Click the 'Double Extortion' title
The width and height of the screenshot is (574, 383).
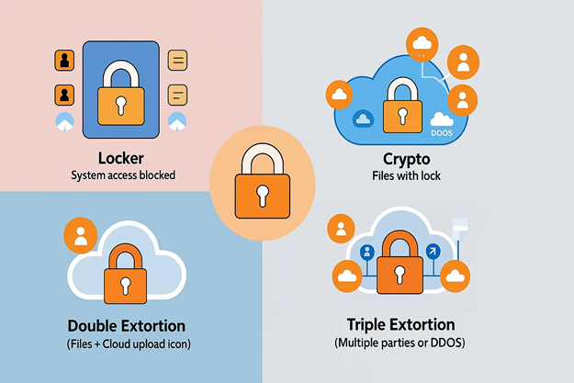[x=127, y=326]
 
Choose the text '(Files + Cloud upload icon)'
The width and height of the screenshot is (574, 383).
[x=127, y=344]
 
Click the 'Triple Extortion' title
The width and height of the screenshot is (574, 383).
[x=402, y=326]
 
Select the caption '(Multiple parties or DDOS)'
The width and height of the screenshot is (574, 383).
[x=402, y=344]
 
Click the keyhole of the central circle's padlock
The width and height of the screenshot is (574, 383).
[x=263, y=194]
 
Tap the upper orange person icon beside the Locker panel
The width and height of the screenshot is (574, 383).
[x=64, y=62]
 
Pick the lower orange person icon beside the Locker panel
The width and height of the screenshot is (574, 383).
[x=64, y=94]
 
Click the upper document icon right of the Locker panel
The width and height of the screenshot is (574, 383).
[x=177, y=62]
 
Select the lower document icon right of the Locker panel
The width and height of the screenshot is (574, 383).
[x=177, y=94]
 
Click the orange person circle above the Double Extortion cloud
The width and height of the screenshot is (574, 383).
[x=80, y=236]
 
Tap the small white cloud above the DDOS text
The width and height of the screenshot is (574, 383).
[x=443, y=118]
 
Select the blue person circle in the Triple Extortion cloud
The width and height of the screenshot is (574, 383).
[x=367, y=252]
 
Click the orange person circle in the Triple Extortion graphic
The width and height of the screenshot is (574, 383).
[x=342, y=227]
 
